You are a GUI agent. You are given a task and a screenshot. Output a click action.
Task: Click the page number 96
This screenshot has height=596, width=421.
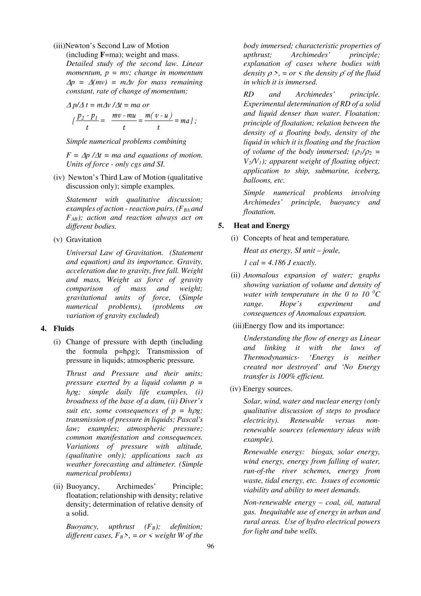[210, 546]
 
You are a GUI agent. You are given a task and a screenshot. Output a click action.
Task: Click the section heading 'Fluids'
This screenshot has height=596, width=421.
[64, 329]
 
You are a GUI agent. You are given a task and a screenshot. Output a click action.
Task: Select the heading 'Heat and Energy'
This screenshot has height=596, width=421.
[261, 226]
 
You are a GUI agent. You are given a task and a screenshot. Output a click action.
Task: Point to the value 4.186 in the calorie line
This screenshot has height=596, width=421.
[276, 263]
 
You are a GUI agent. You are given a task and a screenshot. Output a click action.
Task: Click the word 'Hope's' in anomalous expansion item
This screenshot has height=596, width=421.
[290, 304]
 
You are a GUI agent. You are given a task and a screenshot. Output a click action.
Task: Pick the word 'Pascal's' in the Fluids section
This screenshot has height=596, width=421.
[188, 419]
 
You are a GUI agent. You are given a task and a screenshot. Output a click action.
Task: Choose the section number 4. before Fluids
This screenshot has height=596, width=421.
[44, 329]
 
